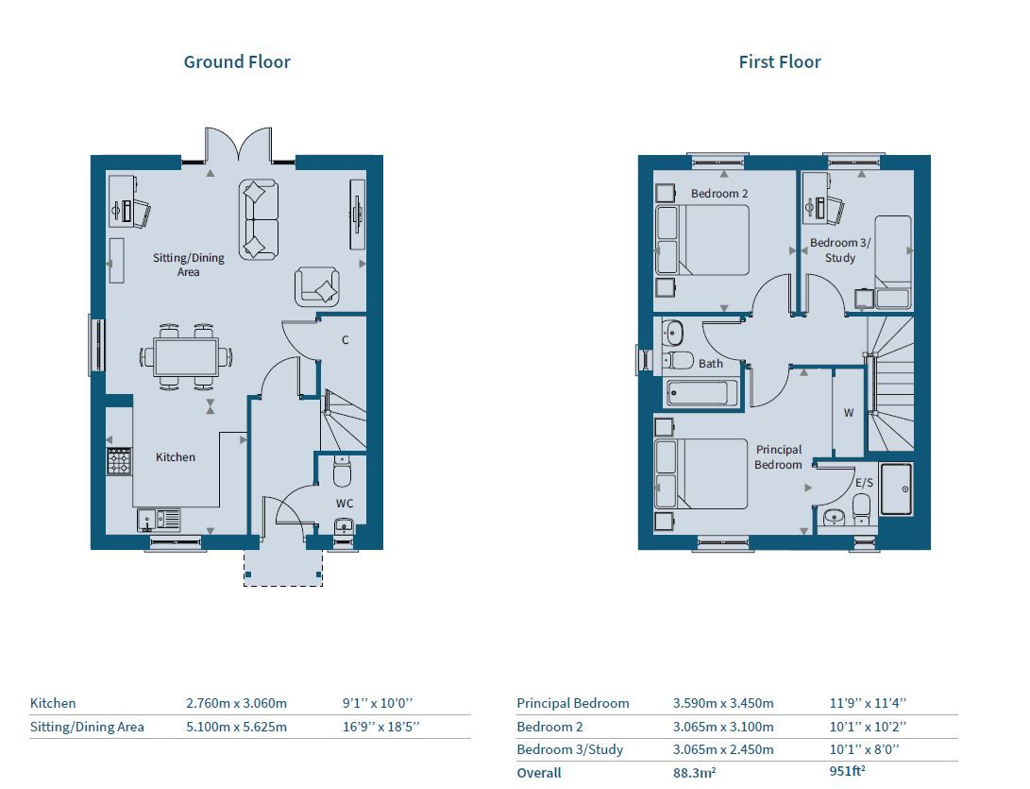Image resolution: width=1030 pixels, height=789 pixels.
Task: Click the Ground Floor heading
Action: coord(237,62)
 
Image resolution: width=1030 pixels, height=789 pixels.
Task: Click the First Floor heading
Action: coord(779,62)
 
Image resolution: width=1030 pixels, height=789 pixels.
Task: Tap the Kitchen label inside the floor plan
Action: coord(176,457)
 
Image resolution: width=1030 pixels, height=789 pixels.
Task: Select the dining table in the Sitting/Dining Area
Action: coord(185,356)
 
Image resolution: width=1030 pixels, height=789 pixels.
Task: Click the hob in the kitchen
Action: coord(119,462)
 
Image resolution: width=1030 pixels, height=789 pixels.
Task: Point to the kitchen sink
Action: coord(159,521)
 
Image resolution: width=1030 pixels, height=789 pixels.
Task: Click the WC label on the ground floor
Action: coord(345,504)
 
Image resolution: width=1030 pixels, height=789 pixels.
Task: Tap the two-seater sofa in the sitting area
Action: coord(258,219)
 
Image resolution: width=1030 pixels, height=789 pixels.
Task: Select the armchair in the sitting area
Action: coord(317,286)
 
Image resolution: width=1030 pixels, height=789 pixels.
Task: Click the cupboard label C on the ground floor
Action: coord(346,340)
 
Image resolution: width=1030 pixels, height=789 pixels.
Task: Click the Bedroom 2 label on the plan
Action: coord(719,194)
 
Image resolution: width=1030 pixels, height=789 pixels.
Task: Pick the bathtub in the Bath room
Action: coord(700,393)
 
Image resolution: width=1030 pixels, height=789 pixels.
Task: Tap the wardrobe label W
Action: coord(849,413)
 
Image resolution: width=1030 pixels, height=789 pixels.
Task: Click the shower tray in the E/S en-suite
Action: coord(897,489)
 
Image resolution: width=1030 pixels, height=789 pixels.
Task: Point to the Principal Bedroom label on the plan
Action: coord(779,457)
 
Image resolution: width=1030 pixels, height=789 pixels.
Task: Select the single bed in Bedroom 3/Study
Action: coord(892,261)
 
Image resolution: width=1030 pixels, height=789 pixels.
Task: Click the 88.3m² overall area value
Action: coord(694,773)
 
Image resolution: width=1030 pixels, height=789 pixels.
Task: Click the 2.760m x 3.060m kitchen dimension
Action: coord(236,703)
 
